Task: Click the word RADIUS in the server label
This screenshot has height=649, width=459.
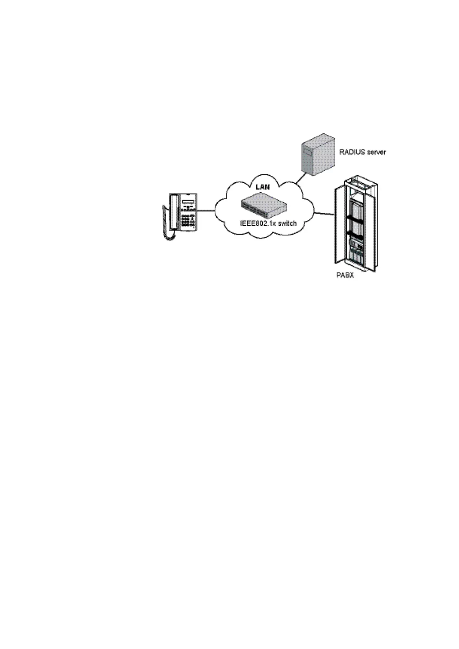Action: (x=351, y=152)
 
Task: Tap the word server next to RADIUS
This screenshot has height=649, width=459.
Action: (x=375, y=152)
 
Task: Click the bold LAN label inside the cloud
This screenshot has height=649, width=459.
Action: (x=263, y=187)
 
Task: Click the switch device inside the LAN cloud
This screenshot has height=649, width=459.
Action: (x=264, y=205)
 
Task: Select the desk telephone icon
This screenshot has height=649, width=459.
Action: (x=181, y=214)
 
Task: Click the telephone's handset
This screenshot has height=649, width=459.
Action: (x=173, y=212)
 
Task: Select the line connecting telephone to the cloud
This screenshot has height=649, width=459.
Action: (x=206, y=211)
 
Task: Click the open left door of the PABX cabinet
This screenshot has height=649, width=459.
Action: (x=338, y=227)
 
